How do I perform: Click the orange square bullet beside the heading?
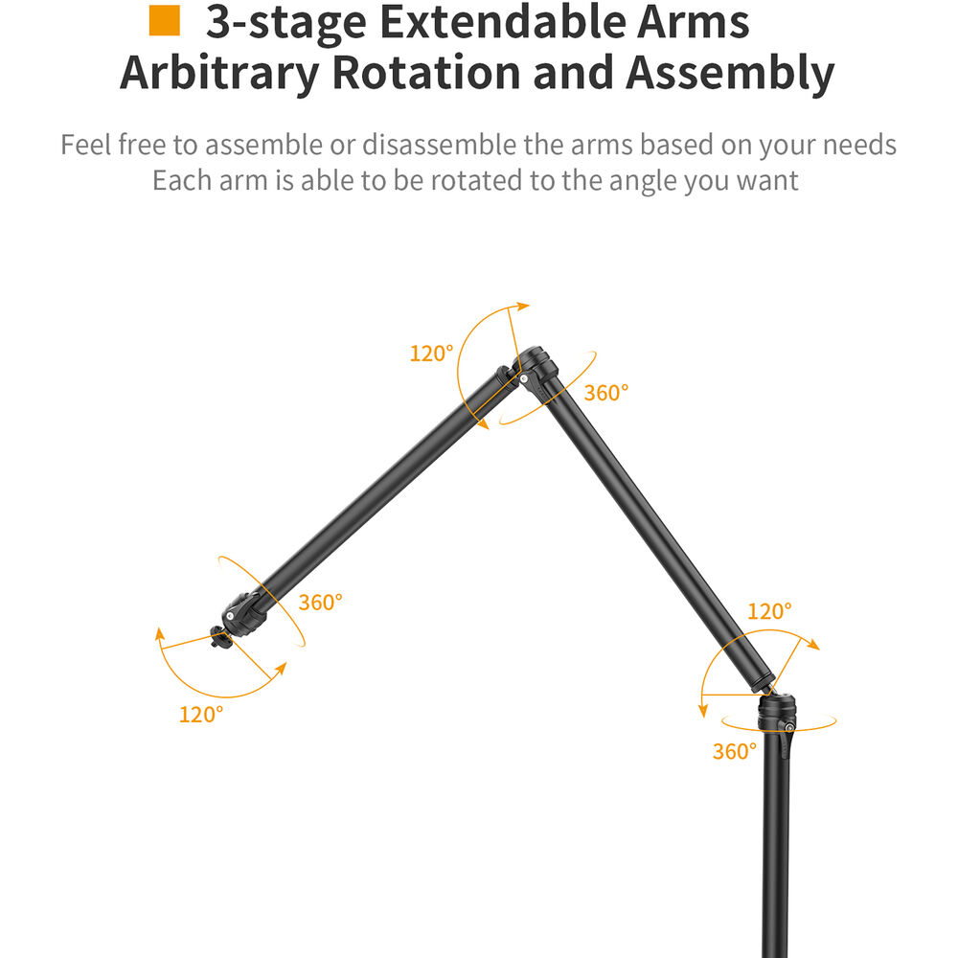[x=165, y=21]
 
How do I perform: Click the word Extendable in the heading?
[x=503, y=22]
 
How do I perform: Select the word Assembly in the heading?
[x=730, y=74]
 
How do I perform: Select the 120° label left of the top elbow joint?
[x=431, y=354]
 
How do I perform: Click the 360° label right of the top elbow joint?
[x=606, y=393]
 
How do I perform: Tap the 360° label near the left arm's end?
[x=320, y=603]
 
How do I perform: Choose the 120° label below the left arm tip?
[x=201, y=715]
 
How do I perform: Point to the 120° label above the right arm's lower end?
[x=770, y=611]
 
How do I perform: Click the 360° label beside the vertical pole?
[x=735, y=751]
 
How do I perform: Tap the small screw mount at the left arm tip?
[x=220, y=636]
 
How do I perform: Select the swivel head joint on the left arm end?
[x=244, y=614]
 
